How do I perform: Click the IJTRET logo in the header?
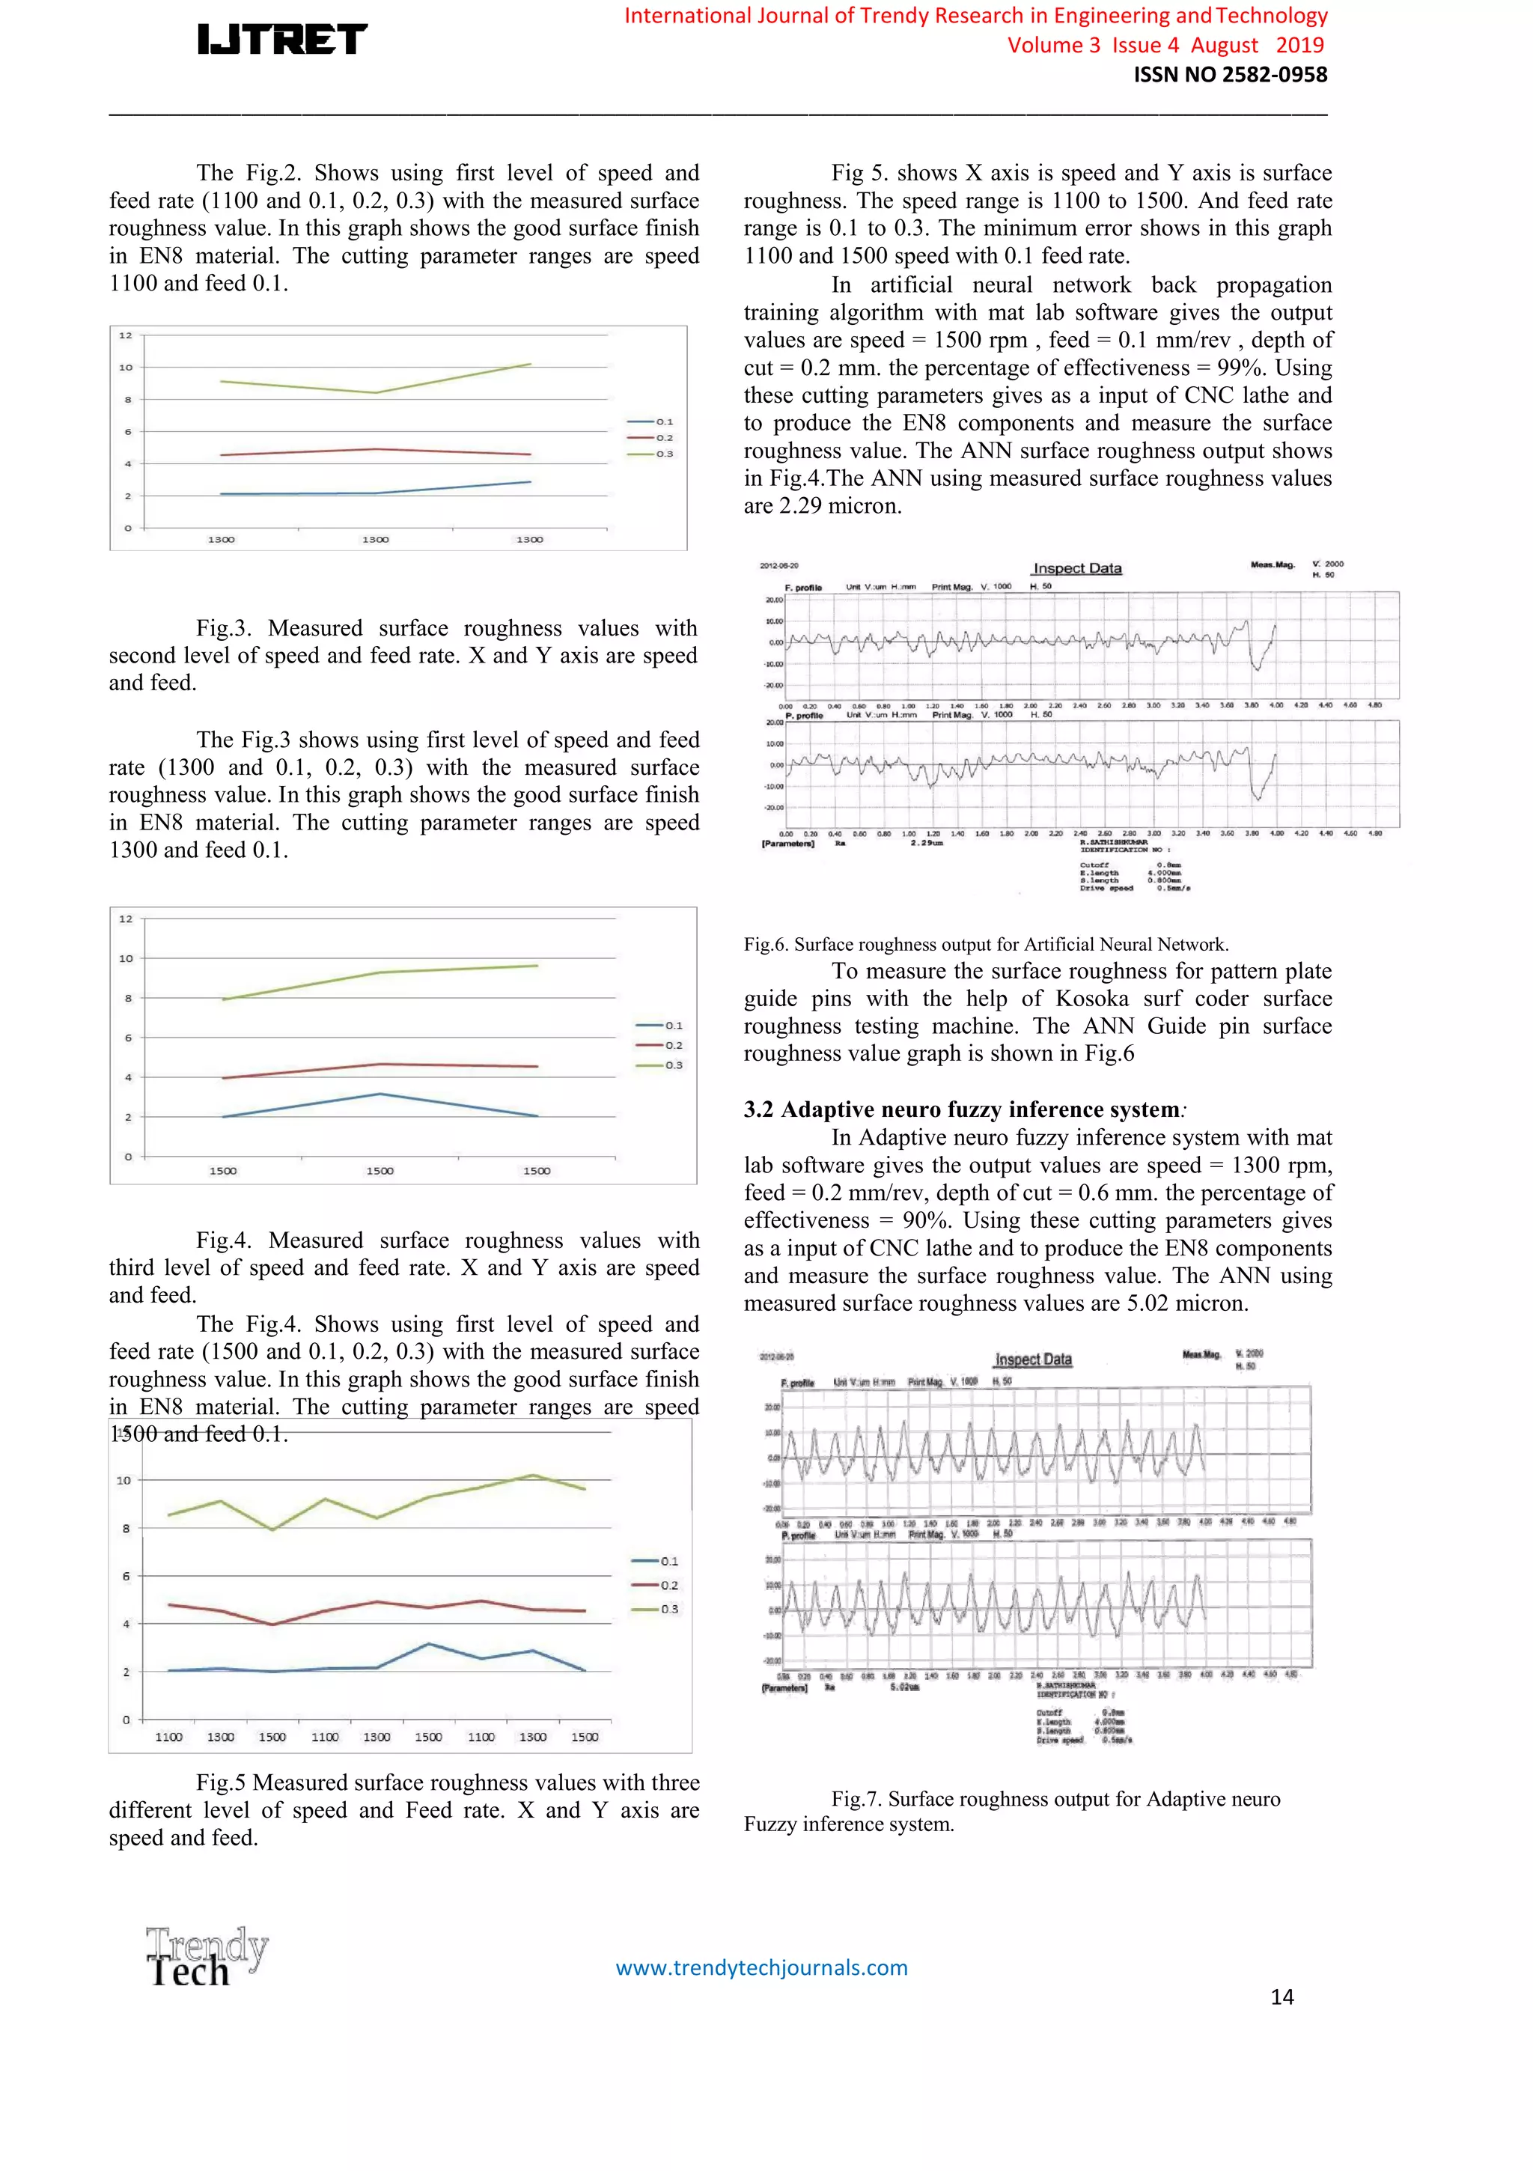(281, 39)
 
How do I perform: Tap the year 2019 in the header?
(1299, 46)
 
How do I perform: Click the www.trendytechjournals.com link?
(761, 1967)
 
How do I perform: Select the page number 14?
(1281, 1996)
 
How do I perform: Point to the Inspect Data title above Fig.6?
(1076, 568)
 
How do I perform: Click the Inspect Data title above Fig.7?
(1033, 1359)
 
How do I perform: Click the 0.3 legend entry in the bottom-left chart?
(668, 1610)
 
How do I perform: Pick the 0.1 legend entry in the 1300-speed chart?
(664, 421)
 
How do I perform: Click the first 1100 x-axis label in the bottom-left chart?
(168, 1737)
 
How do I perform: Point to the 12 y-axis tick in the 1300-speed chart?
(126, 335)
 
